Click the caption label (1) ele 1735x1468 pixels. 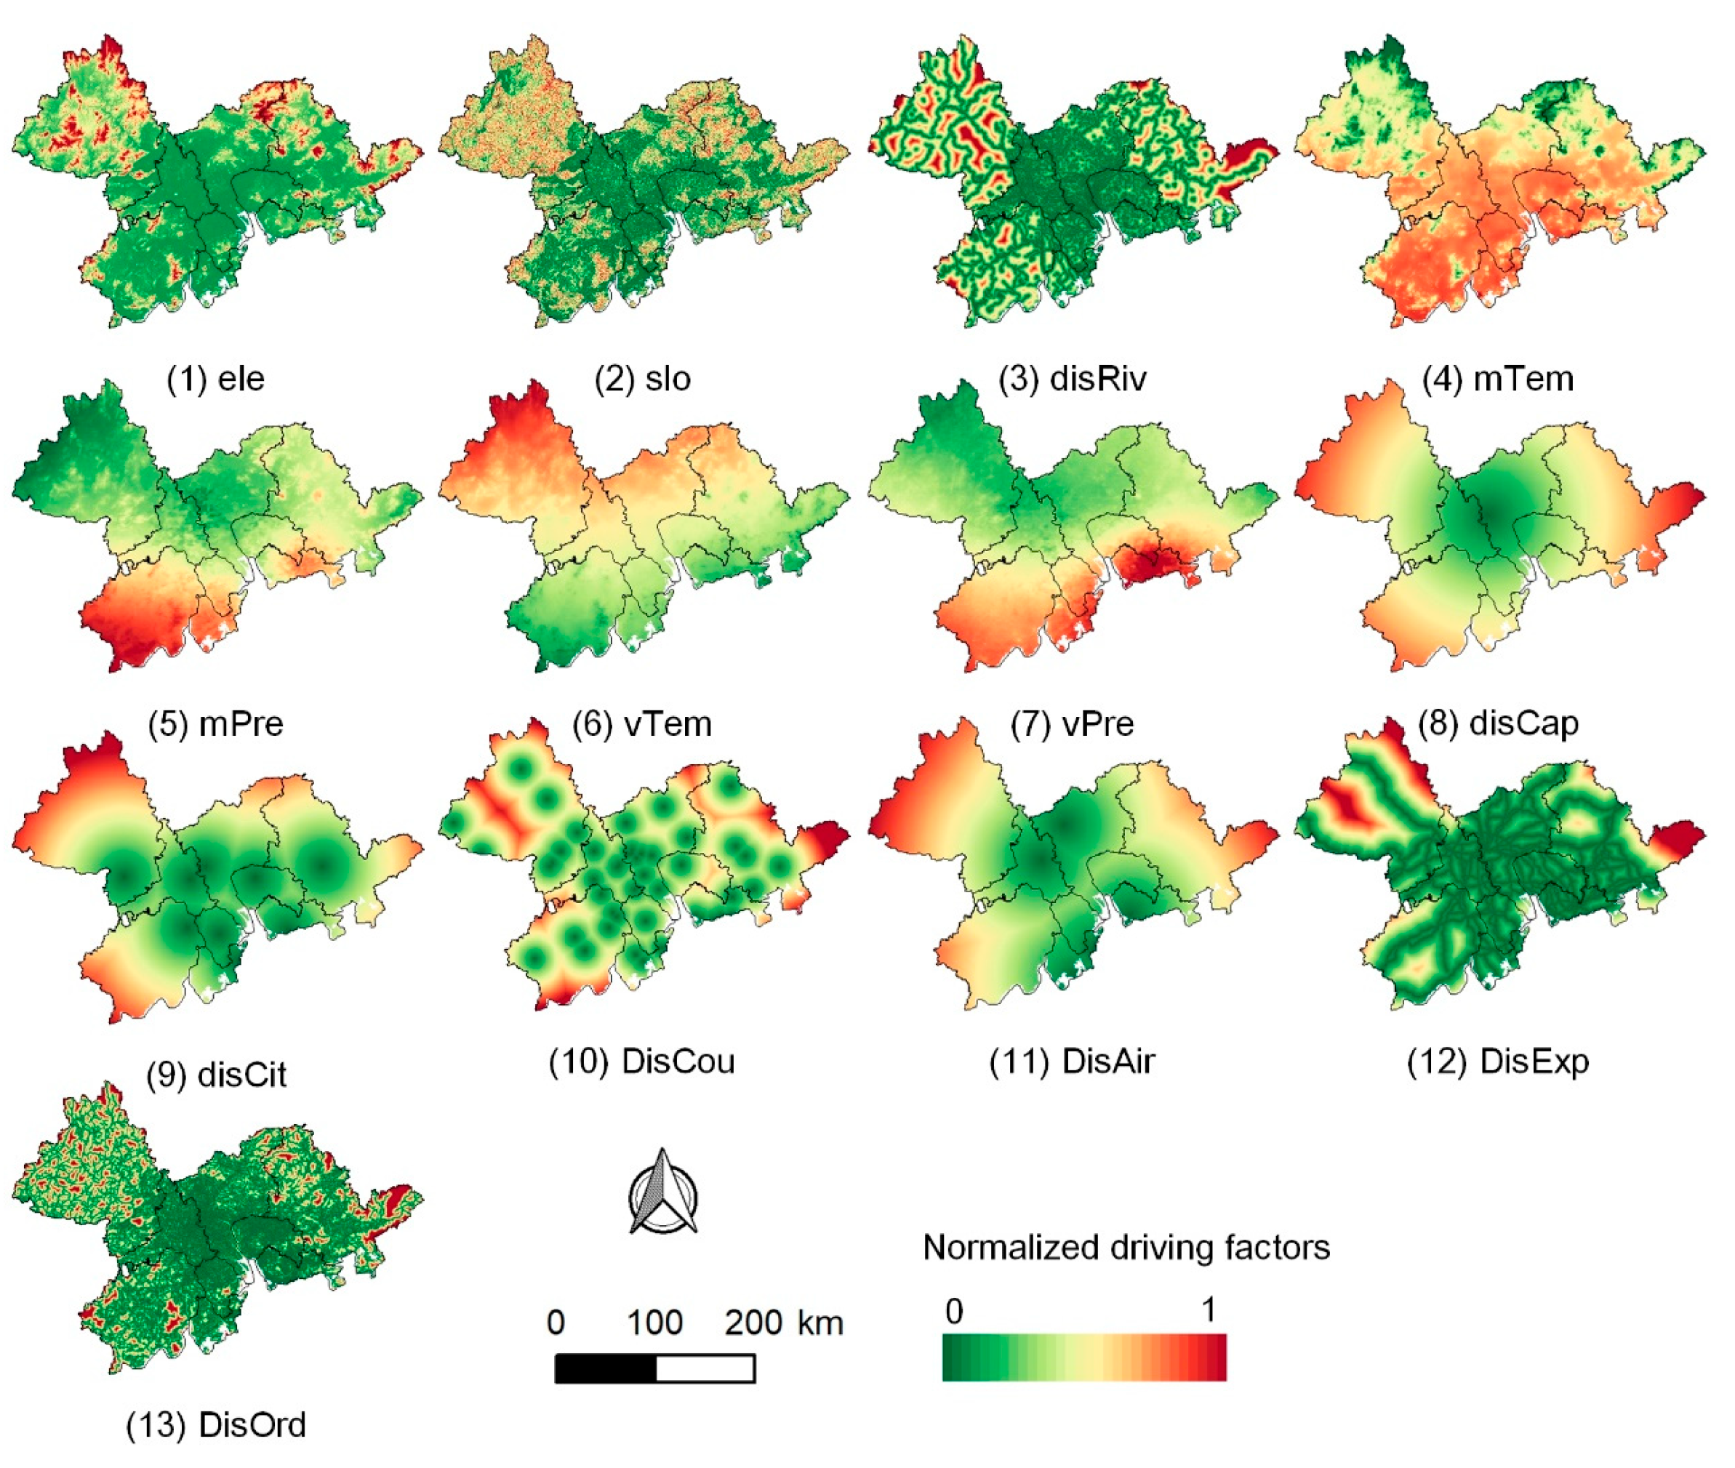215,379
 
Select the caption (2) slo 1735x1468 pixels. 641,379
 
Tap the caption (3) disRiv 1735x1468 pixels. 1073,379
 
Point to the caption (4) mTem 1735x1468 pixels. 1498,379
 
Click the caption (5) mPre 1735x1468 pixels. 215,723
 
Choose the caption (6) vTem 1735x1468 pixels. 641,723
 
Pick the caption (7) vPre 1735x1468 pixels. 1072,723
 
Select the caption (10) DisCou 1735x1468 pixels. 641,1061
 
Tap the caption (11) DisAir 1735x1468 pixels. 1072,1061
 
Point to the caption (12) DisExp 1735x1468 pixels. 1498,1061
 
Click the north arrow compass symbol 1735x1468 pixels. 662,1192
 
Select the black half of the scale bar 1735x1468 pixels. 605,1368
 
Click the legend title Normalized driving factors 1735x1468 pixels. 1126,1248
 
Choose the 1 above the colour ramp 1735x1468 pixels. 1209,1310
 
